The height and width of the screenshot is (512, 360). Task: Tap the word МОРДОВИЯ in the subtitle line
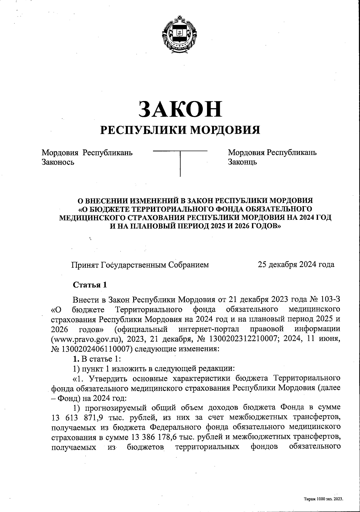point(225,130)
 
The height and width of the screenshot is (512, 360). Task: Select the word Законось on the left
point(58,162)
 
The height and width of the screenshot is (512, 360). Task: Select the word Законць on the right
point(242,162)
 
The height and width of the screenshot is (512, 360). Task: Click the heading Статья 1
point(90,285)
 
